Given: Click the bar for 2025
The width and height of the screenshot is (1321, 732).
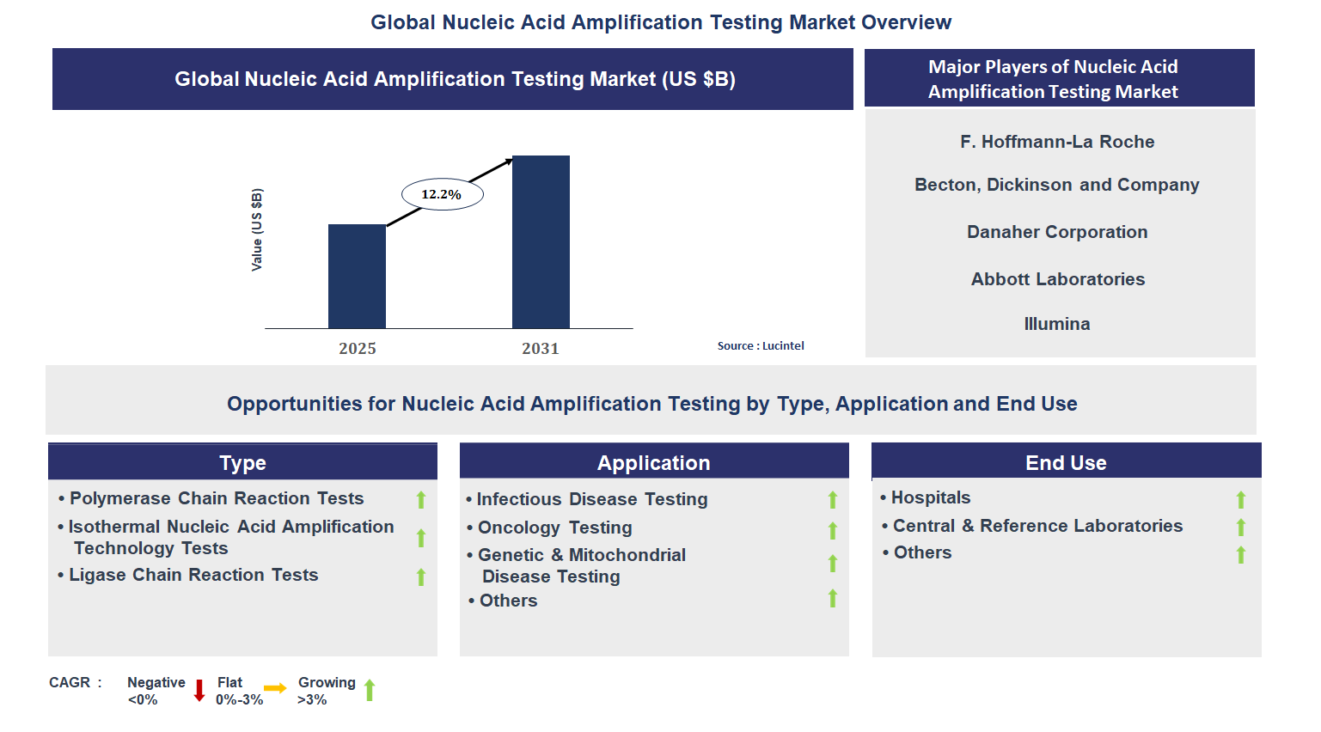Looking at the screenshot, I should [357, 276].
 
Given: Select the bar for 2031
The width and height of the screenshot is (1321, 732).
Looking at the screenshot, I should [541, 241].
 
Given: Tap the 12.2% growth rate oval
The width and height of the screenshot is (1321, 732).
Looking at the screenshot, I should [442, 194].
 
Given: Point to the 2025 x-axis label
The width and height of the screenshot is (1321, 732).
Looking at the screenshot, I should [357, 348].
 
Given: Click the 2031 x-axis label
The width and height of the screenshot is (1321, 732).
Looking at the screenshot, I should [540, 348].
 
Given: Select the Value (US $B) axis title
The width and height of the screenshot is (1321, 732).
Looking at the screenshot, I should [256, 229].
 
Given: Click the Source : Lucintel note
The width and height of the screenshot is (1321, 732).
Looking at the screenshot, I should [761, 345].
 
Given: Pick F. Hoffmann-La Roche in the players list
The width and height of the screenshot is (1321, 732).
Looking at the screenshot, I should [1057, 142].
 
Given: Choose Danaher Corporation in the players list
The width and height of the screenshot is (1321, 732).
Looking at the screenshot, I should [1057, 232].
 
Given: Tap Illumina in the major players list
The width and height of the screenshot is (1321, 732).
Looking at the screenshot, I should [1057, 324].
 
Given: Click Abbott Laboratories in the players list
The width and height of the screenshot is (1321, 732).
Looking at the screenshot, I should [1057, 279].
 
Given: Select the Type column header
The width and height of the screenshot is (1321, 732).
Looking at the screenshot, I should [242, 463].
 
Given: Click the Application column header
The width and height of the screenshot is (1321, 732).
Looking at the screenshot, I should [653, 463].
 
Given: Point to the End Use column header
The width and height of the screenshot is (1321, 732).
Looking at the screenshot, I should [1066, 463].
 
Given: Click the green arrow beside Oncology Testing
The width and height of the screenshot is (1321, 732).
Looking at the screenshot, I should [832, 530].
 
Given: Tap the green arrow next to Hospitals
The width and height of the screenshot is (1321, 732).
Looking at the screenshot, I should [1240, 499].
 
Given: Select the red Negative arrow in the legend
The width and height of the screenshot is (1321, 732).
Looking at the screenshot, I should [199, 690].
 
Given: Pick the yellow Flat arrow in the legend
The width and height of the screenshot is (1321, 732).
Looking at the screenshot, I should [275, 688].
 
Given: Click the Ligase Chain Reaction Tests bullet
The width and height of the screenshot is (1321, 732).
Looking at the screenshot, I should [193, 575].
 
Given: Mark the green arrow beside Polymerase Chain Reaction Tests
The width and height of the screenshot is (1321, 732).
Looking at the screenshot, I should [421, 499].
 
